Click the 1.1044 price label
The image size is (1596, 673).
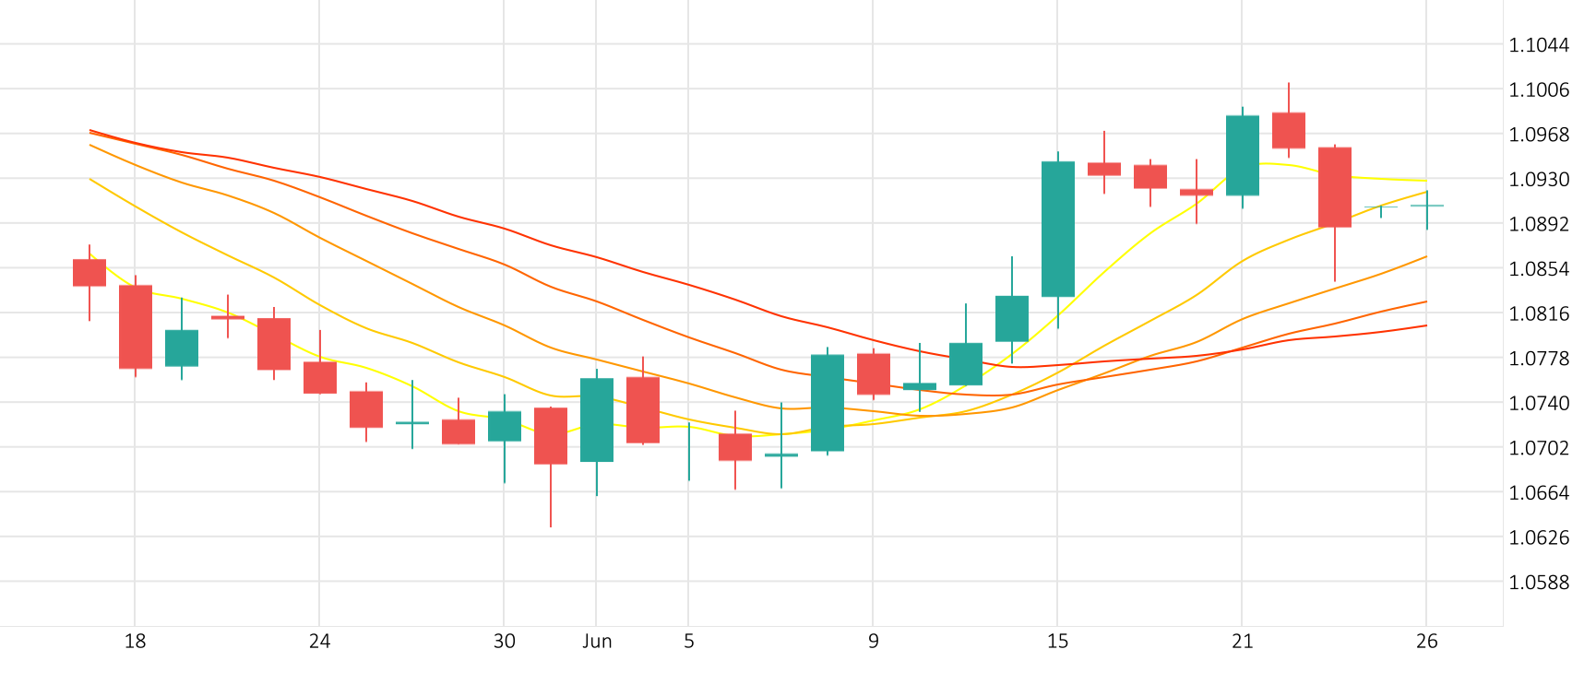point(1538,45)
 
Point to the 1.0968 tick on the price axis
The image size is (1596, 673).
point(1538,135)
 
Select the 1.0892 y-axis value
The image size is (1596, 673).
point(1538,224)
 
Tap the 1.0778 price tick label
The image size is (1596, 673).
point(1538,359)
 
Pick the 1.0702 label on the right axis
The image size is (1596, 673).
point(1538,448)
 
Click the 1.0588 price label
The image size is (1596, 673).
point(1538,583)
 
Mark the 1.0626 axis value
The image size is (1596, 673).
point(1538,537)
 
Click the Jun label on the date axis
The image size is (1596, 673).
point(597,642)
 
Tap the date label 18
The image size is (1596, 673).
point(135,642)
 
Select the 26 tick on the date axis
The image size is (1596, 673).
point(1426,642)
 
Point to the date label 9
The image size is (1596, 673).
point(873,642)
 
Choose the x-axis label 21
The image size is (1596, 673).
point(1242,642)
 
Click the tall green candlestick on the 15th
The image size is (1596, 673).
point(1058,229)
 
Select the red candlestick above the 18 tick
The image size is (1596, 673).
point(136,326)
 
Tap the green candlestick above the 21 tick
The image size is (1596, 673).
point(1243,155)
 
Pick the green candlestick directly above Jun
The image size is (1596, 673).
point(597,419)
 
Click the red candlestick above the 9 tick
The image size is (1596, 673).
point(874,373)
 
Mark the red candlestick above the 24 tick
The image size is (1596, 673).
point(320,377)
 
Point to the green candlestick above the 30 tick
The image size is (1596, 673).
point(505,426)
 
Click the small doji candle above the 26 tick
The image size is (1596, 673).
point(1427,206)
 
